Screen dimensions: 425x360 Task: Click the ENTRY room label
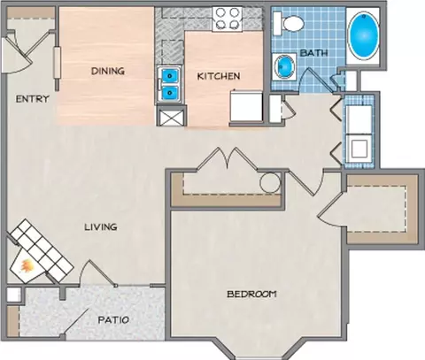tap(32, 99)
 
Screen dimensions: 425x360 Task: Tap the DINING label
tap(108, 71)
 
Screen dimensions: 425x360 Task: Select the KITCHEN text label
tap(219, 76)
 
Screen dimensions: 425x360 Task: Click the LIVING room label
tap(101, 227)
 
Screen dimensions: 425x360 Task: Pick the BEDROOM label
tap(251, 294)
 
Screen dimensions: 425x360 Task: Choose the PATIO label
tap(113, 320)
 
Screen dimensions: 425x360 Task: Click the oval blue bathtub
tap(363, 36)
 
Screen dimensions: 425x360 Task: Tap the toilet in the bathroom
tap(289, 23)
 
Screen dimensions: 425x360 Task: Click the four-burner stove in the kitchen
tap(227, 19)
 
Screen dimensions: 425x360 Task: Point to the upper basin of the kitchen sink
tap(169, 76)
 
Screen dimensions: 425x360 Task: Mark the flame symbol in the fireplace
tap(27, 266)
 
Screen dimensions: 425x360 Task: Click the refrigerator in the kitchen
tap(246, 106)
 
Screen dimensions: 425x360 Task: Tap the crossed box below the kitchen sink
tap(171, 117)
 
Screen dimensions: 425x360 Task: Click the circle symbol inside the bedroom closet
tap(270, 183)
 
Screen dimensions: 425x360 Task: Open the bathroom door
tap(317, 80)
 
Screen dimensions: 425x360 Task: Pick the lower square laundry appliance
tap(359, 149)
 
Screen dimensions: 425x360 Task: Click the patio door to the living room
tap(97, 273)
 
